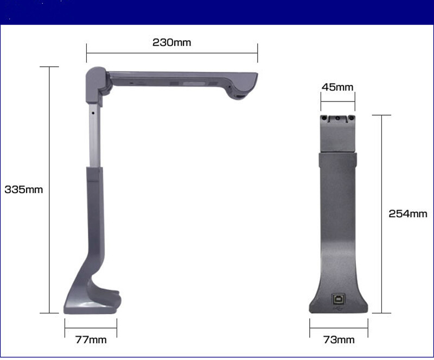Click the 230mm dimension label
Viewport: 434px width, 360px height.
tap(171, 42)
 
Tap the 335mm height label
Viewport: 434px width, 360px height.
tap(24, 190)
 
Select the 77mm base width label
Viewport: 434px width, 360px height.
tap(91, 340)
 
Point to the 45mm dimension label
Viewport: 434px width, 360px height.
tap(337, 87)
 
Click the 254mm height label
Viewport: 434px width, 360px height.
tap(408, 214)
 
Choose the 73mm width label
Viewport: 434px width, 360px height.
tap(339, 340)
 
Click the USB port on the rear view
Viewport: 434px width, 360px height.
tap(338, 299)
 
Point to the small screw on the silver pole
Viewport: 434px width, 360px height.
tap(93, 113)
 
